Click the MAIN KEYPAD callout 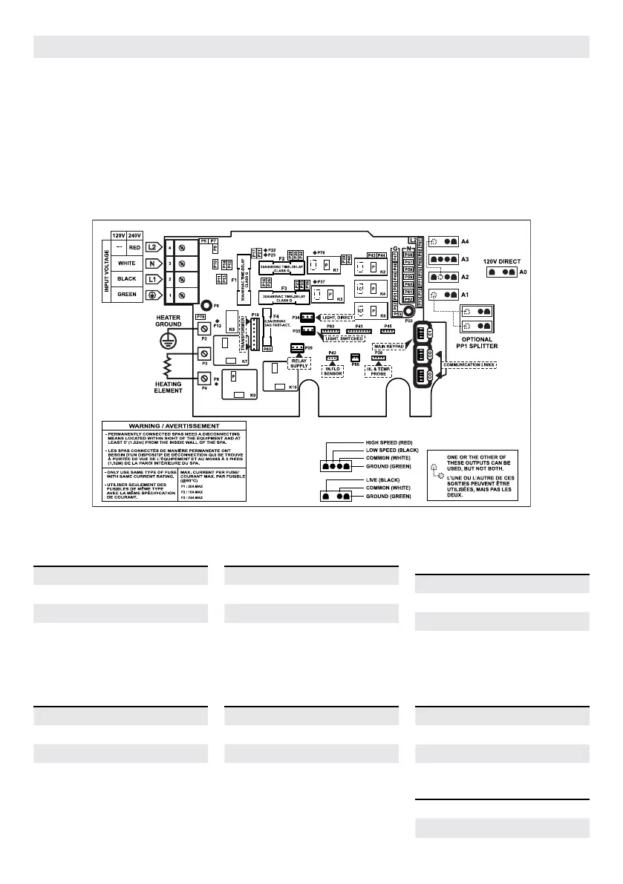pos(389,345)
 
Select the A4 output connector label pos(466,241)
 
